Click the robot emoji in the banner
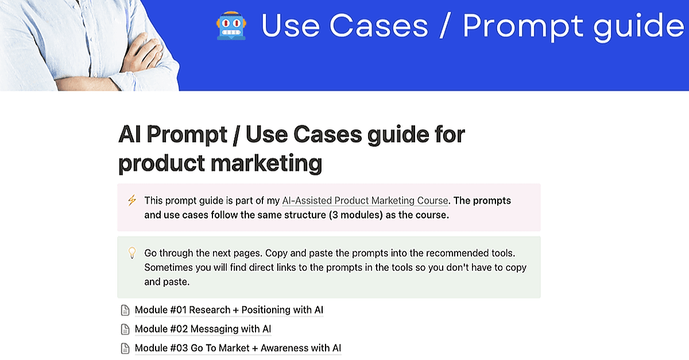[x=231, y=26]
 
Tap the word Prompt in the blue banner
[x=523, y=26]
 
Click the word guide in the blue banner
[x=639, y=26]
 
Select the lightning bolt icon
[x=132, y=200]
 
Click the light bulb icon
[x=132, y=253]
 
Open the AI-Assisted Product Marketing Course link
[x=365, y=200]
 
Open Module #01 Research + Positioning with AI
[x=229, y=310]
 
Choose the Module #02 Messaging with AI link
[x=203, y=329]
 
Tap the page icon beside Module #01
[x=125, y=310]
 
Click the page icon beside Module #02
[x=125, y=329]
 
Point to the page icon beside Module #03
[x=125, y=349]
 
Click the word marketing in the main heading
[x=266, y=164]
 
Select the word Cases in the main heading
[x=328, y=134]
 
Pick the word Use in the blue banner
[x=291, y=26]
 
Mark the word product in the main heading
[x=161, y=163]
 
